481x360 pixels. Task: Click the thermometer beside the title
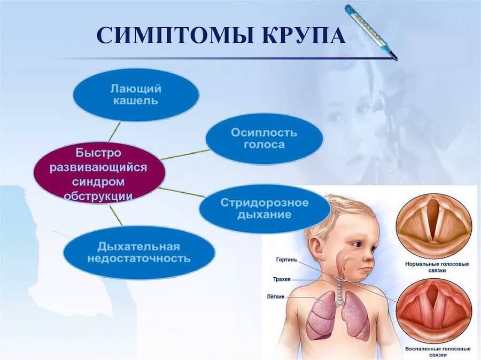371,32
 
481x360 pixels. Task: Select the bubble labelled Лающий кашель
136,94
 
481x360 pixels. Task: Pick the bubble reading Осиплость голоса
264,138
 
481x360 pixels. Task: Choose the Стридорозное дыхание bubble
264,209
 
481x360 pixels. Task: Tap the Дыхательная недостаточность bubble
138,253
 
